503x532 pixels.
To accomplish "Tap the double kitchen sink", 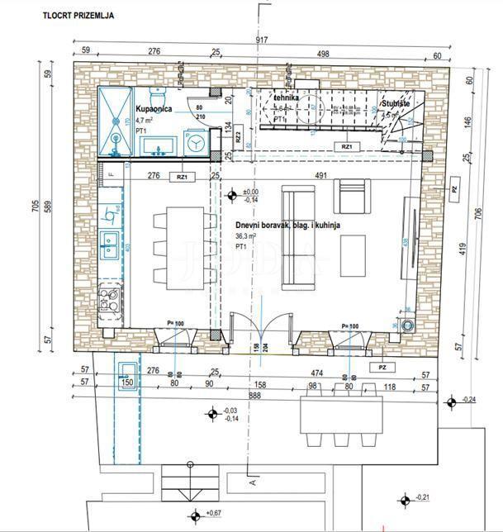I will pos(110,242).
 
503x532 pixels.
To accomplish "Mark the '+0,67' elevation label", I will pos(213,515).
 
